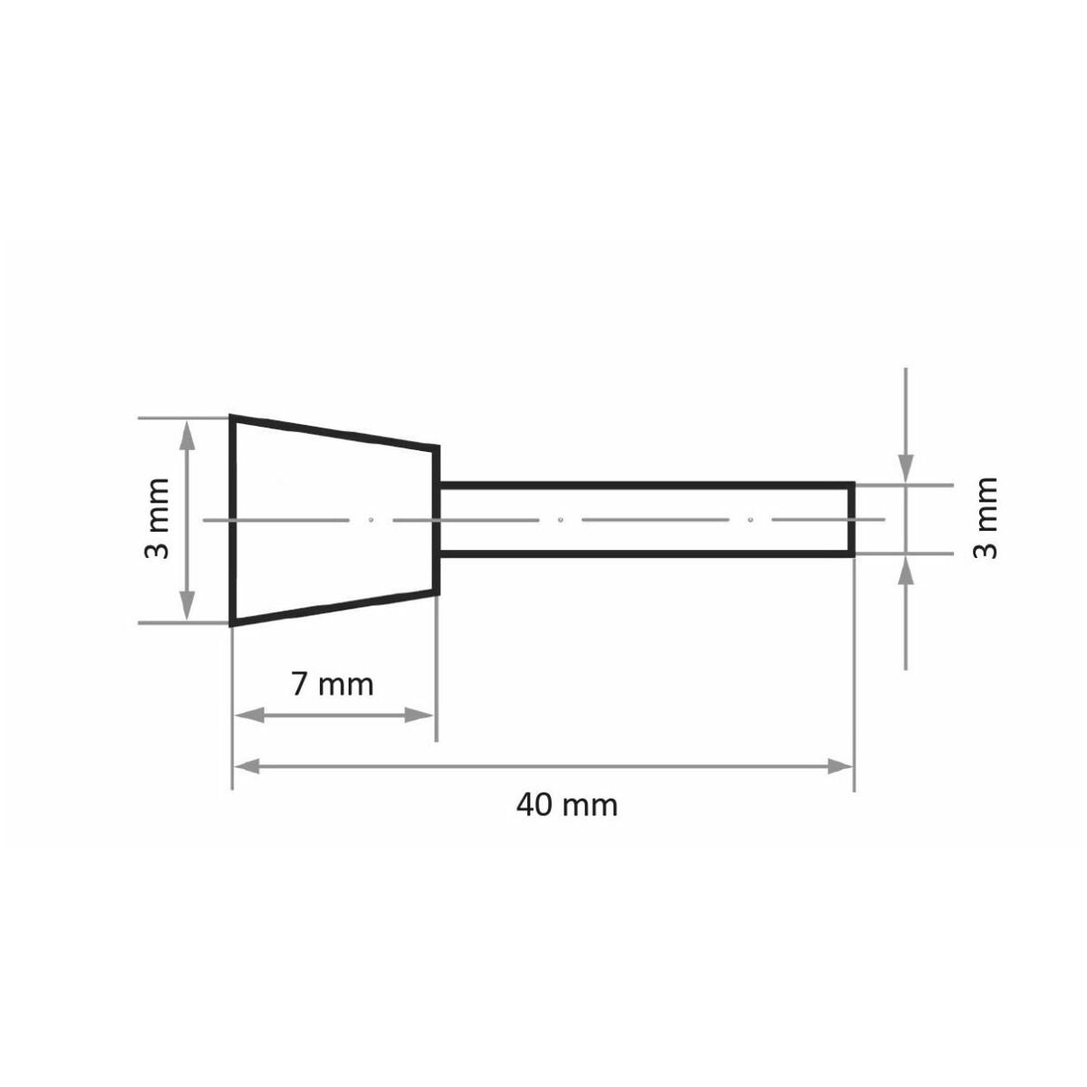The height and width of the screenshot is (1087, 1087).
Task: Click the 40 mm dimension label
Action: pyautogui.click(x=567, y=805)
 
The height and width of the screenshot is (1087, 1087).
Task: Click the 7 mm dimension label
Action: pyautogui.click(x=332, y=685)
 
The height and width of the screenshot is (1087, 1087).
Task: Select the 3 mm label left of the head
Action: pyautogui.click(x=157, y=519)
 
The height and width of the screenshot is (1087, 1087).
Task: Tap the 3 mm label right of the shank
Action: pyautogui.click(x=986, y=519)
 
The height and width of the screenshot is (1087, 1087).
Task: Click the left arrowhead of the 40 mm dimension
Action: pyautogui.click(x=246, y=766)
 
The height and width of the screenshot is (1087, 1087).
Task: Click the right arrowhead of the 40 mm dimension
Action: pyautogui.click(x=840, y=766)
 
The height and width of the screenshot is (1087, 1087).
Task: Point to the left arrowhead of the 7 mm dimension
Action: pyautogui.click(x=249, y=717)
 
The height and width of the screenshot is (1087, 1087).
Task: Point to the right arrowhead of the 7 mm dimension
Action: pyautogui.click(x=419, y=717)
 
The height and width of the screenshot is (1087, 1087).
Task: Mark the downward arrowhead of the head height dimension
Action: pyautogui.click(x=188, y=606)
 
